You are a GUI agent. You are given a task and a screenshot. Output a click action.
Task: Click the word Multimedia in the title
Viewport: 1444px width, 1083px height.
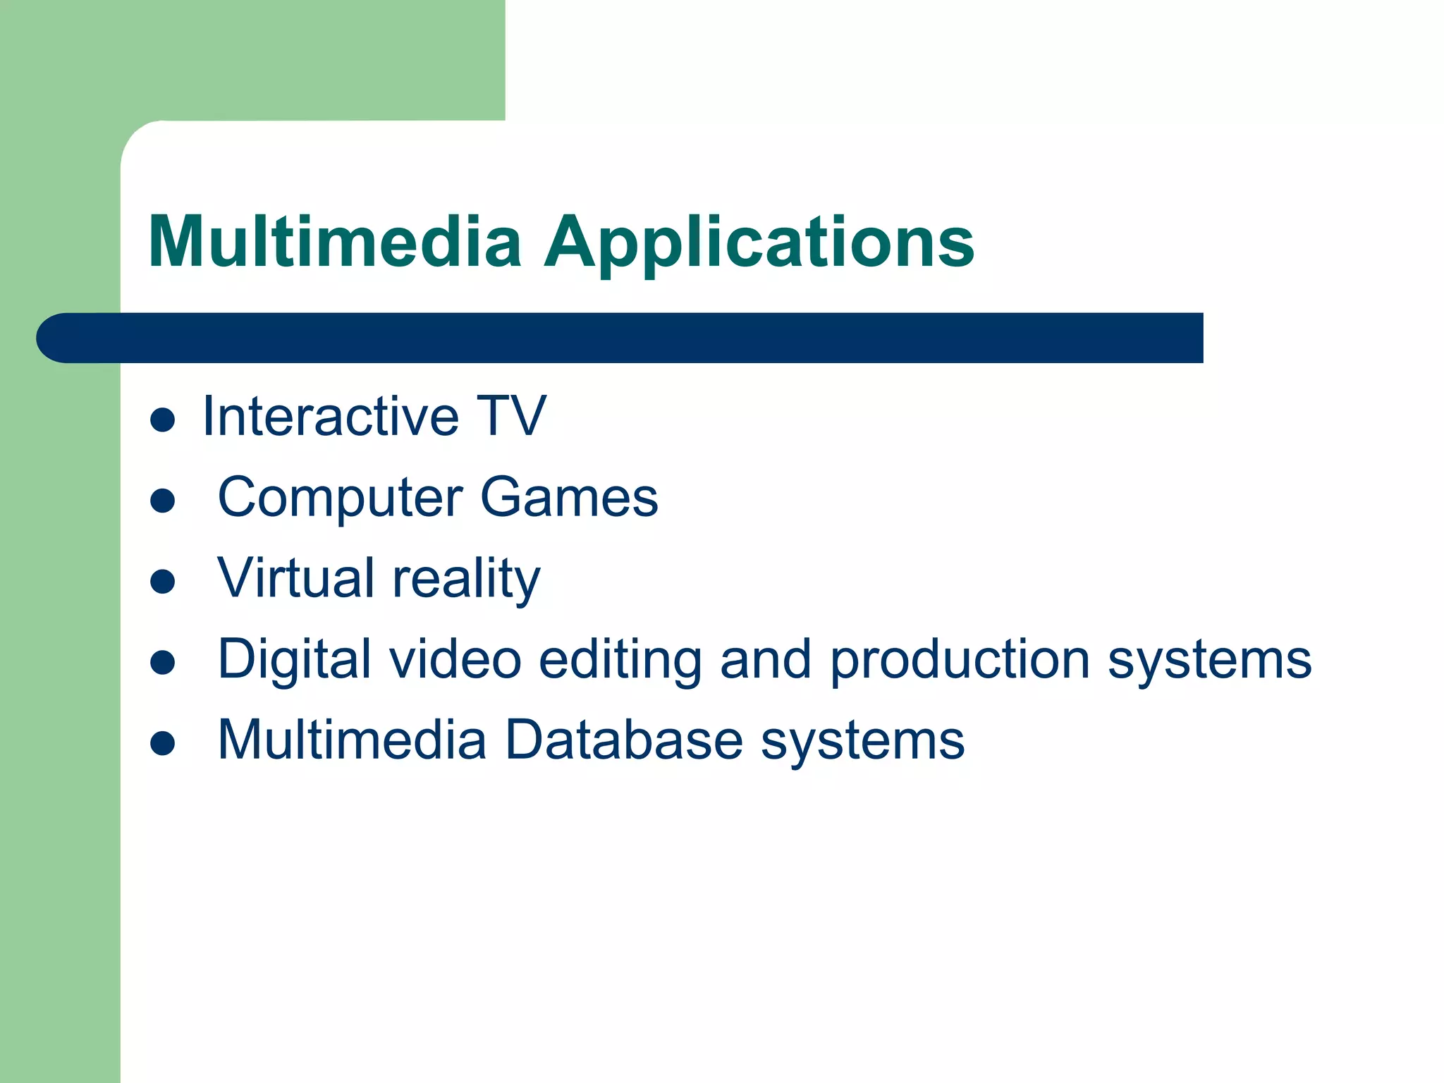pos(335,242)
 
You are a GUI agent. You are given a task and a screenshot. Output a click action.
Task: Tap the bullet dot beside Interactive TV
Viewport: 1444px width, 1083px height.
pos(163,420)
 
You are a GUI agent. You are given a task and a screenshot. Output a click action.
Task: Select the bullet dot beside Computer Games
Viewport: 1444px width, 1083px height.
pos(163,501)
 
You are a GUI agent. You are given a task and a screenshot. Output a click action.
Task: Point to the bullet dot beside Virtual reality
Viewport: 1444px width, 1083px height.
pos(163,582)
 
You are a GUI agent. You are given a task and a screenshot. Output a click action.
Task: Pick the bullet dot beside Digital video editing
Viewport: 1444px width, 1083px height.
pos(163,663)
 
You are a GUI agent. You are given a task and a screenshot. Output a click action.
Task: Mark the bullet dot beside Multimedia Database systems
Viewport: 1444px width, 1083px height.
pos(163,744)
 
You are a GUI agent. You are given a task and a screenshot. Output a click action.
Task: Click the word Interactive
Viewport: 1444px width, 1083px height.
pos(331,416)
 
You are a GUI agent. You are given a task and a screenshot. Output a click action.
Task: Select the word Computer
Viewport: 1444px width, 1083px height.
pos(340,497)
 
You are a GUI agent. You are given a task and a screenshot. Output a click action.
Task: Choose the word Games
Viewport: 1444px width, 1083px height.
pos(569,497)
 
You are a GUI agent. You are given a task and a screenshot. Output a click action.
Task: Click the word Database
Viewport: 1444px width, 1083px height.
pos(623,740)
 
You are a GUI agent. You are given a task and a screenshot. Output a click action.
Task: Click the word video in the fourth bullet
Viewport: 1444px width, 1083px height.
pos(455,659)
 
